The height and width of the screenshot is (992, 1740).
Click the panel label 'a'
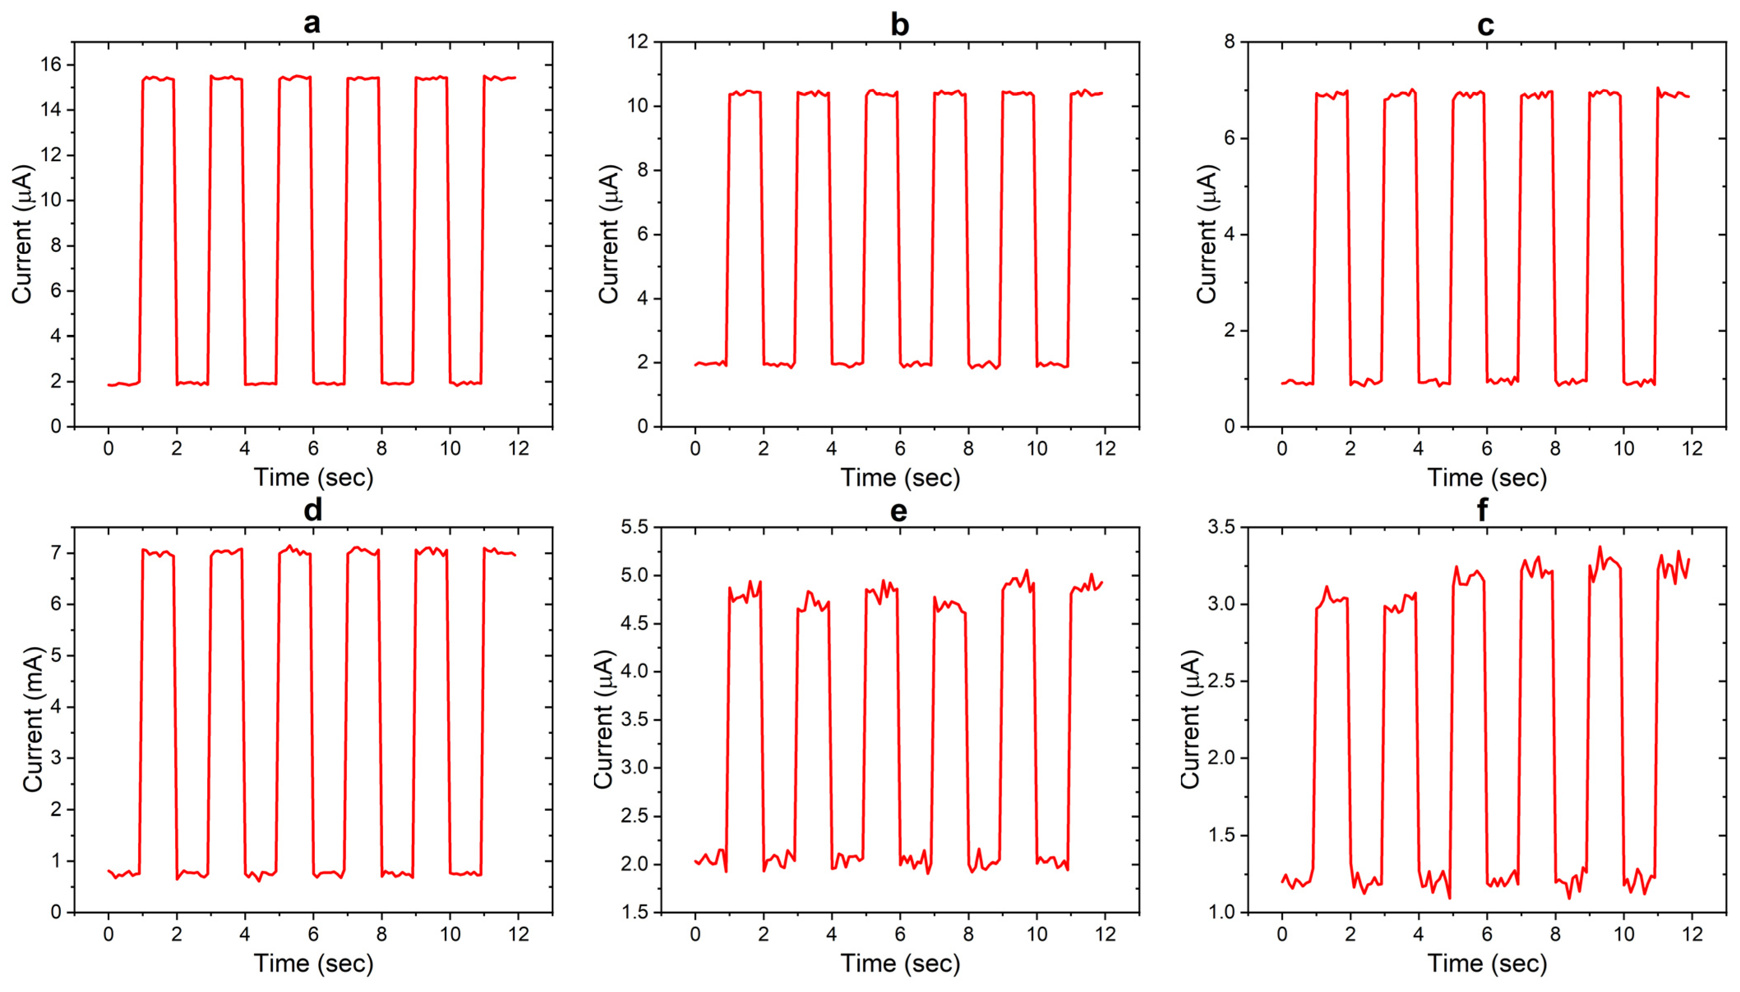coord(311,23)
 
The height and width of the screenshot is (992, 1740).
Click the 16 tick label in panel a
coord(51,65)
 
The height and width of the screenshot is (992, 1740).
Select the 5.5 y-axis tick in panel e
coord(633,527)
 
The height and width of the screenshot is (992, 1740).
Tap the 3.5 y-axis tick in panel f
coord(1221,527)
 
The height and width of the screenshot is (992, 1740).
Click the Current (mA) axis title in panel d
coord(33,720)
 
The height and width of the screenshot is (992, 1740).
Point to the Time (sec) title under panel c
coord(1486,478)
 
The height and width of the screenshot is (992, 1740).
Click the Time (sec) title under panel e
coord(899,963)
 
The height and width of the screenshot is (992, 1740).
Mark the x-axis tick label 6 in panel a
coord(313,448)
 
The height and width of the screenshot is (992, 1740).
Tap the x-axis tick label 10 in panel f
coord(1624,934)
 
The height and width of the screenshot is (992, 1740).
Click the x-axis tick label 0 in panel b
coord(695,448)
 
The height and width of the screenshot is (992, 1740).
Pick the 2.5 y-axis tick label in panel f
coord(1221,681)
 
